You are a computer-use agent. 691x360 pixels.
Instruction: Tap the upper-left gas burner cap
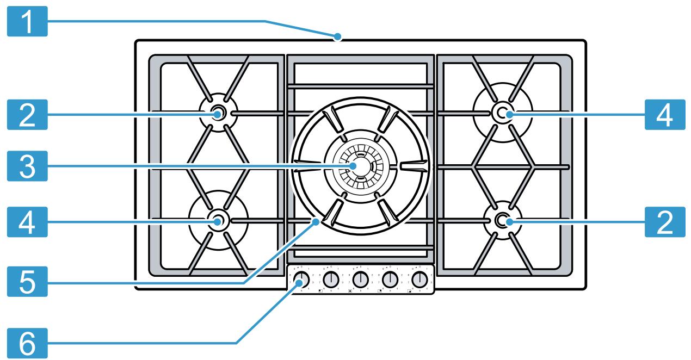click(x=218, y=113)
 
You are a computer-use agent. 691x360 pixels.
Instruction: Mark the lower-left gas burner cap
click(x=218, y=220)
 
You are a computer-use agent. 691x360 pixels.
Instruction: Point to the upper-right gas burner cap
click(x=502, y=113)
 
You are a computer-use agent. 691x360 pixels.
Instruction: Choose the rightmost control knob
click(x=419, y=280)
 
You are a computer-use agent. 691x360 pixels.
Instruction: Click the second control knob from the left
click(x=330, y=280)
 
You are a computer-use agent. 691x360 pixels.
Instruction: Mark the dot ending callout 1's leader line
click(x=338, y=37)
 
